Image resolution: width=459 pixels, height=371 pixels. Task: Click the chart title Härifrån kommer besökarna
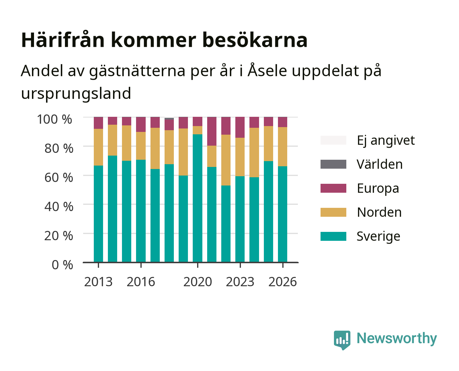(164, 40)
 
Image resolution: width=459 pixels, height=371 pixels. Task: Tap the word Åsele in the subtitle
(267, 70)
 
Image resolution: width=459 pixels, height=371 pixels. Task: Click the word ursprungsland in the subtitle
(76, 94)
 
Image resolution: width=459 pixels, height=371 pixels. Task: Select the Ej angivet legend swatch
(333, 140)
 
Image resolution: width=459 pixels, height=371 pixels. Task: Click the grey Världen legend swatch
(333, 164)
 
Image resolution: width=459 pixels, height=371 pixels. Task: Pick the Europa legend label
(378, 189)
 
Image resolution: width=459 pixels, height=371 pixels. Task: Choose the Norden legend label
(379, 212)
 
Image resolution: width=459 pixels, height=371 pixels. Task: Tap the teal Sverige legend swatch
(333, 236)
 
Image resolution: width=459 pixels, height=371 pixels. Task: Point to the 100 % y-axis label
(54, 119)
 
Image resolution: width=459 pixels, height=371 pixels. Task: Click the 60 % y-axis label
(59, 178)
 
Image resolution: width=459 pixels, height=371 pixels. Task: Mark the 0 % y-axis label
(62, 265)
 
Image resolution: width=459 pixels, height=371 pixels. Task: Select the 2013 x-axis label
(98, 282)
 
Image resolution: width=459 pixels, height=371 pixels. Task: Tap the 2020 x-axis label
(198, 282)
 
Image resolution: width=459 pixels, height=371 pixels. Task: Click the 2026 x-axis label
(282, 282)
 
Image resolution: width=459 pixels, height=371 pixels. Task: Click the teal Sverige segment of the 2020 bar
(198, 198)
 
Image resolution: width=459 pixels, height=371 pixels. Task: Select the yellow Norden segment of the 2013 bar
(98, 147)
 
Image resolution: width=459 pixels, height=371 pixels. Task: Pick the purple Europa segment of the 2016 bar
(141, 124)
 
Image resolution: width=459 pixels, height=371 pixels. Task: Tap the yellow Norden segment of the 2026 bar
(282, 146)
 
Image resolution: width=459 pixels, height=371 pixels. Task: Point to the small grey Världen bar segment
(169, 119)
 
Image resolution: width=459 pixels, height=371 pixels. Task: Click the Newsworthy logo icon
(342, 340)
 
